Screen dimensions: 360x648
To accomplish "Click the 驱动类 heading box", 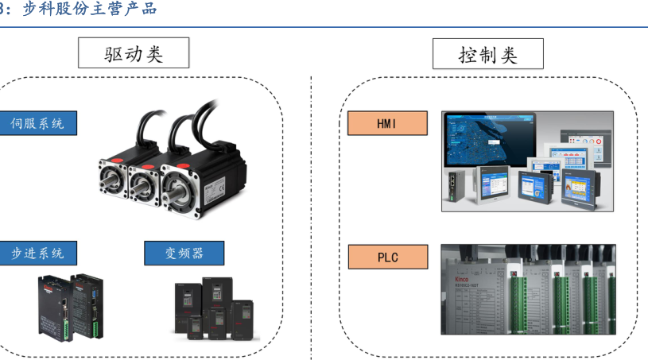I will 134,53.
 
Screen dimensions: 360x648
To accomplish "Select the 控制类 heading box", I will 488,54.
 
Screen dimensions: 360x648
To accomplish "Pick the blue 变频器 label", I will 184,253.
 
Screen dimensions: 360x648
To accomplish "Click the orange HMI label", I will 387,123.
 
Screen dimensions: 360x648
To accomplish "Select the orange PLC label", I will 387,257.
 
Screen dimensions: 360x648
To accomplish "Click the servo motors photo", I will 171,159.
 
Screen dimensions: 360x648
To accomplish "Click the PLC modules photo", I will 528,289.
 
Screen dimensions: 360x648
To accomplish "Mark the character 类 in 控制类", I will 508,54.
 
